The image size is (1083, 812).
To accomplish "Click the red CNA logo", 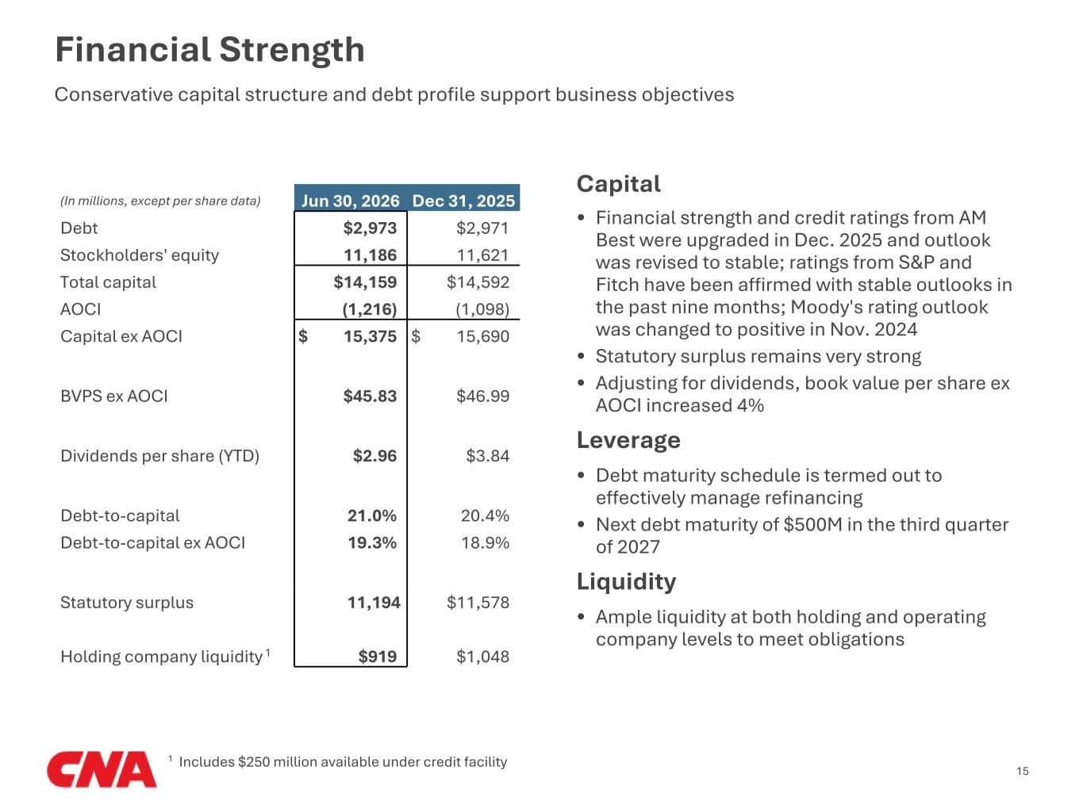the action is click(102, 768).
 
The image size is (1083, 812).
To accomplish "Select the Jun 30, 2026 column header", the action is click(350, 201).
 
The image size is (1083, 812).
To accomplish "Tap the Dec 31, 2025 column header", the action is click(463, 201).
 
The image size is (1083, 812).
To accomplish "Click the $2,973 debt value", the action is click(370, 228).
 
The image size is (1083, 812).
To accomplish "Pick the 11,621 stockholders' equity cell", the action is click(482, 255).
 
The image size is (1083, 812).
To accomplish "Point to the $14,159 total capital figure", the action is click(365, 282).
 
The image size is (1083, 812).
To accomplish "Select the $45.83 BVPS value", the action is click(370, 396).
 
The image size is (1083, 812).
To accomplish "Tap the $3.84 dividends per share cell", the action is click(487, 455).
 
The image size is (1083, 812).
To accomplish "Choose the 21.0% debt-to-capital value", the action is click(372, 515).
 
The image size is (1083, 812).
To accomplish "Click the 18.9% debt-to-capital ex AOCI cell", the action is click(485, 542).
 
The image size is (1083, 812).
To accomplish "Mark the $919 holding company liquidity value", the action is click(378, 657).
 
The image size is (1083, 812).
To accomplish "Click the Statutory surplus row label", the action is click(127, 603).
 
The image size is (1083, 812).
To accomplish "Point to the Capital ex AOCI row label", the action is click(121, 336).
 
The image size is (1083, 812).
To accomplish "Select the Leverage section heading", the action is click(628, 440).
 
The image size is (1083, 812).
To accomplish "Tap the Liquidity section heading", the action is click(626, 582).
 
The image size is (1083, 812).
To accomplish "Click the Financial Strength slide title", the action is click(209, 50).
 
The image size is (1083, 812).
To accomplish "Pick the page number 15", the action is click(1023, 771).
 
